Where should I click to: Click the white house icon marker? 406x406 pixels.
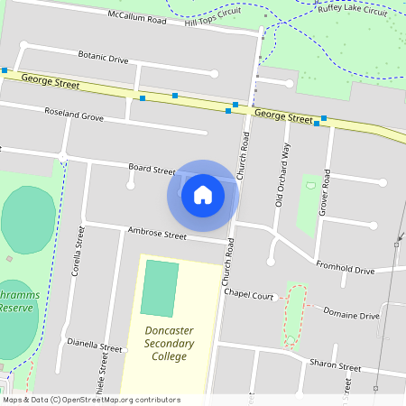tap(203, 194)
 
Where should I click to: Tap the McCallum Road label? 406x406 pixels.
tap(137, 16)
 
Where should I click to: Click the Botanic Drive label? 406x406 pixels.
tap(103, 57)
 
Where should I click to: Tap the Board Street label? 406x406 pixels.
tap(152, 169)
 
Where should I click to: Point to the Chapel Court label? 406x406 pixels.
tap(248, 295)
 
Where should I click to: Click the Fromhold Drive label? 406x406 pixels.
tap(345, 268)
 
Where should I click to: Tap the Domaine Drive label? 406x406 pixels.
tap(351, 315)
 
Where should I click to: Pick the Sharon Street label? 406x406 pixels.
tap(335, 366)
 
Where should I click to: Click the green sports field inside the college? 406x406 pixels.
tap(160, 288)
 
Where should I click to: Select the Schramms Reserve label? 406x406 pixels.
tap(16, 301)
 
